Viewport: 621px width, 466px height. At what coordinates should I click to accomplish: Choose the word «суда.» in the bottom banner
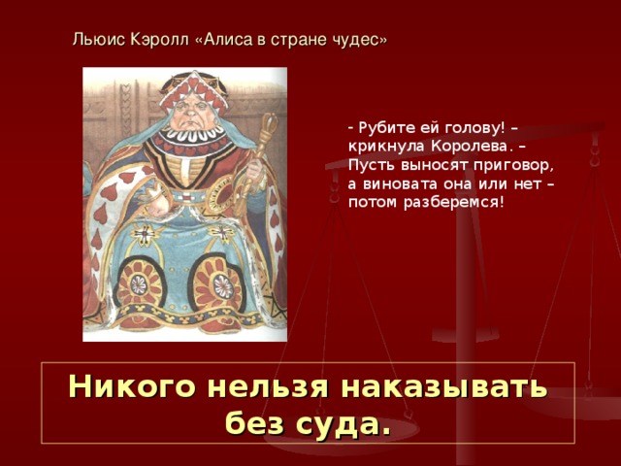click(348, 423)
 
